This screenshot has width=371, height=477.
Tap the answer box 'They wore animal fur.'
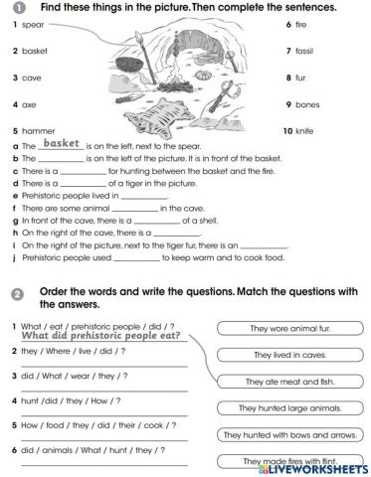click(276, 329)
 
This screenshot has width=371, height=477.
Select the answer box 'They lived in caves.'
click(276, 355)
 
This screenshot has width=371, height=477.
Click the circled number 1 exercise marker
click(18, 7)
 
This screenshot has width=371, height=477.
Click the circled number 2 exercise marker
click(18, 293)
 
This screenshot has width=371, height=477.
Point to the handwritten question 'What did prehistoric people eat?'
click(99, 337)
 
